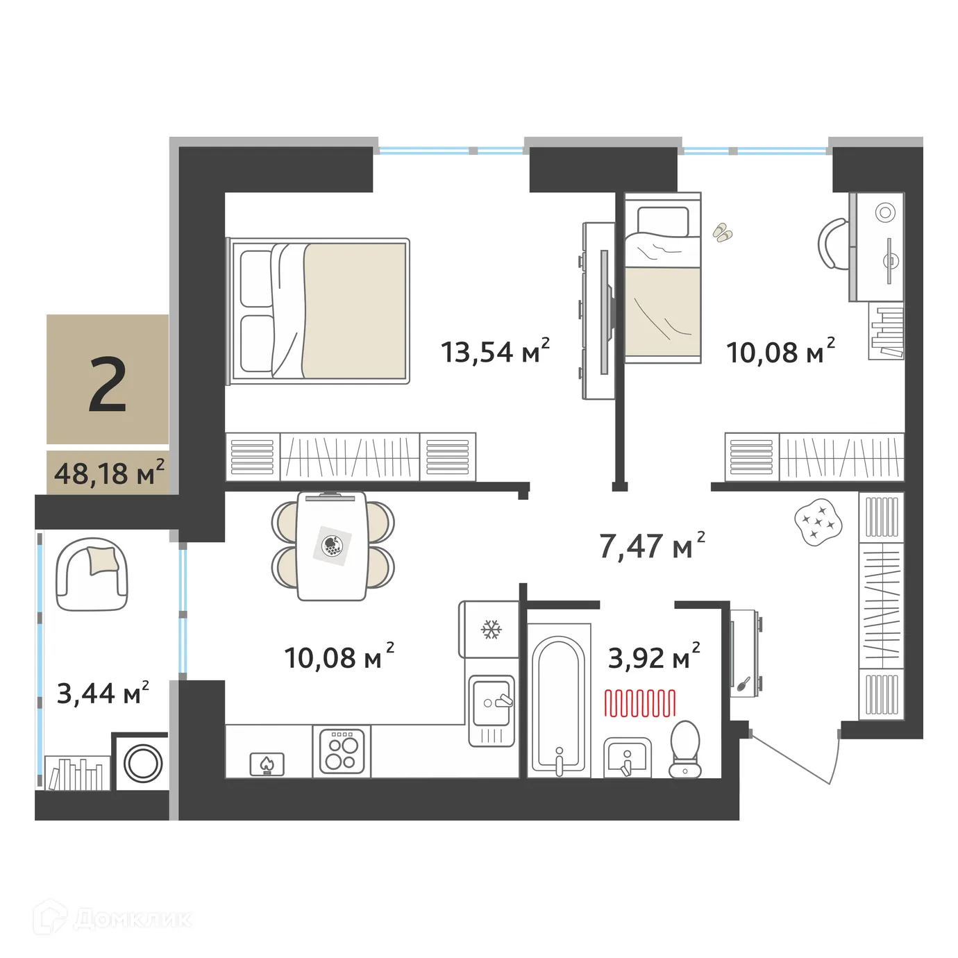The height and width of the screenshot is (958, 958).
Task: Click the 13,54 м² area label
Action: (495, 351)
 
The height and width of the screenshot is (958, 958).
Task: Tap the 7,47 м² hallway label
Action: (651, 546)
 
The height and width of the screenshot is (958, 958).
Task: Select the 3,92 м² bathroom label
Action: (653, 657)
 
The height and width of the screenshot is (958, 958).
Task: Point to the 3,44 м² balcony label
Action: (102, 692)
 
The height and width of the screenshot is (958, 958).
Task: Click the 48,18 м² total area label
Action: (109, 473)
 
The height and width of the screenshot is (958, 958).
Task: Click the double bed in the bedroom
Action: (319, 310)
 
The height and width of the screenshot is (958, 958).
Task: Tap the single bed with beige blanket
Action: (662, 278)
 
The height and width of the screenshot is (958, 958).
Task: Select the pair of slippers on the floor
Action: (723, 233)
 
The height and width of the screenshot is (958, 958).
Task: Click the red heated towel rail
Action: (639, 703)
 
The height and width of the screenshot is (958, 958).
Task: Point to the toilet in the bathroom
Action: (685, 748)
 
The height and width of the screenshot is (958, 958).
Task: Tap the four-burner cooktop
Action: (342, 751)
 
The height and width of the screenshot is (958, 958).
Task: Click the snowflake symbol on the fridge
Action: (491, 630)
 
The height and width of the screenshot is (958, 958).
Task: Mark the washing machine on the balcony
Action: (142, 763)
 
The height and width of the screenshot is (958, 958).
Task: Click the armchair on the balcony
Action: (92, 574)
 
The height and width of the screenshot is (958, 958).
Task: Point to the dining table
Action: (332, 546)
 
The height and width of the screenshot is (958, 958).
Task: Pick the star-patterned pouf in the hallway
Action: (819, 521)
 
